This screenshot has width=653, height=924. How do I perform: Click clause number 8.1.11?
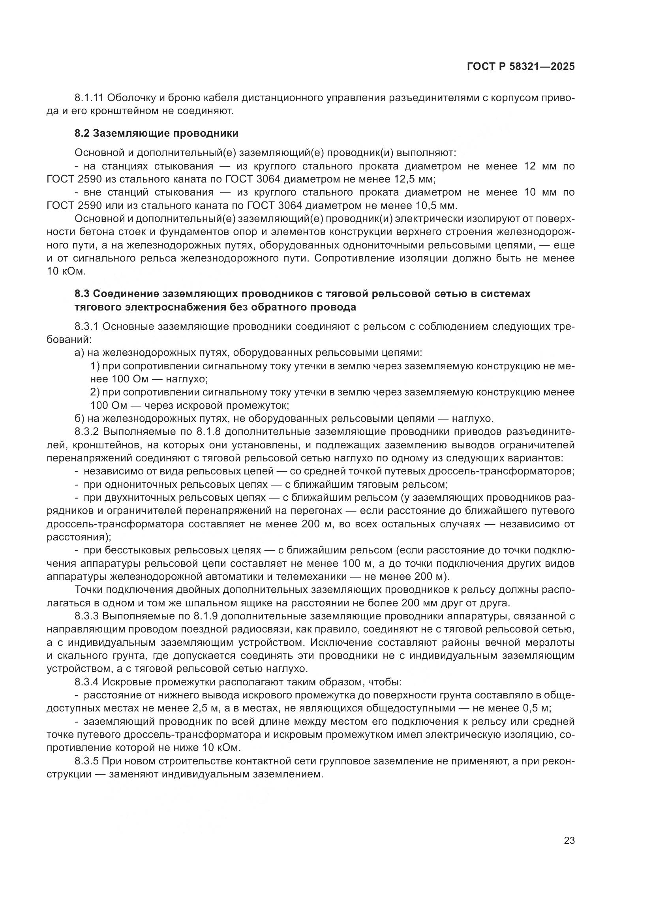[89, 98]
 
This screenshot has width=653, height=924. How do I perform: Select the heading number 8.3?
[82, 294]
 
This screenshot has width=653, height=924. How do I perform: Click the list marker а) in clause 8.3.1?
[79, 353]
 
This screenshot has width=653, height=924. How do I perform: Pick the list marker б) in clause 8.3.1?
[79, 419]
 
